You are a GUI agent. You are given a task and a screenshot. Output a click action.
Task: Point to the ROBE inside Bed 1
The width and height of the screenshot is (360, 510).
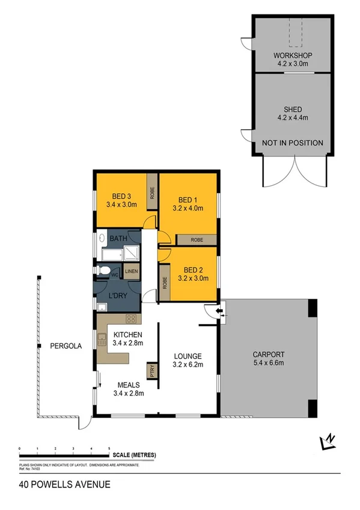[197, 239]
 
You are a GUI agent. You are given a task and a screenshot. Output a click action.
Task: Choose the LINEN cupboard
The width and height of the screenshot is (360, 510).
[132, 271]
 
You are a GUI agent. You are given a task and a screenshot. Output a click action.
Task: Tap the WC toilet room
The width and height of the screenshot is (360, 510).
[114, 274]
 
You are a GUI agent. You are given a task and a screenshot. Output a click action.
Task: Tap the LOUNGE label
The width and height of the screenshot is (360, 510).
[188, 355]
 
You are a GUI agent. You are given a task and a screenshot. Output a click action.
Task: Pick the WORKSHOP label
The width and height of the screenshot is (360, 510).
[291, 55]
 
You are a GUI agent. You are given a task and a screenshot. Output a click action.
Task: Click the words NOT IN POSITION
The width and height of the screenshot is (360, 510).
[292, 143]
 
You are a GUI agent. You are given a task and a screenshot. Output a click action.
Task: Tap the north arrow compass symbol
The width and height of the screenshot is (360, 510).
[328, 442]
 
